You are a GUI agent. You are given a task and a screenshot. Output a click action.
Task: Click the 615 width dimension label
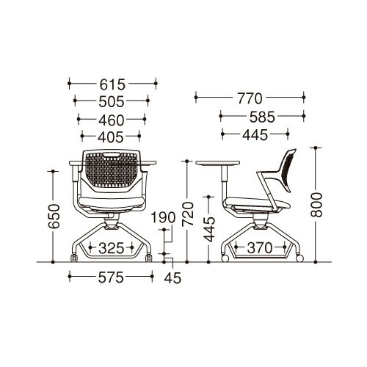coord(112,84)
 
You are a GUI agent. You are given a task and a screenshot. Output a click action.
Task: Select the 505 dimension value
coord(112,101)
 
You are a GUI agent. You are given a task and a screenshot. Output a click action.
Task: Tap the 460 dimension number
coord(112,120)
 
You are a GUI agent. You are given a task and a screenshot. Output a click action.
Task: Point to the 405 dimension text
coord(111,137)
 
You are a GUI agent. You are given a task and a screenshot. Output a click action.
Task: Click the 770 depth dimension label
coord(250,98)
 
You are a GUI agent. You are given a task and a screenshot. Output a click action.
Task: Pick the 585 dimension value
coord(262,117)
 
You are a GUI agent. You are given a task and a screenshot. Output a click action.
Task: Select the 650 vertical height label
coord(54,217)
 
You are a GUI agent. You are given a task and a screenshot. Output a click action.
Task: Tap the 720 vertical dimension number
coord(188,214)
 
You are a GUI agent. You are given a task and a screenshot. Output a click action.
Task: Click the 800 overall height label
coord(316,205)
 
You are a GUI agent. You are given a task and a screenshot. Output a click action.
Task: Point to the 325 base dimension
coord(112,249)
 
